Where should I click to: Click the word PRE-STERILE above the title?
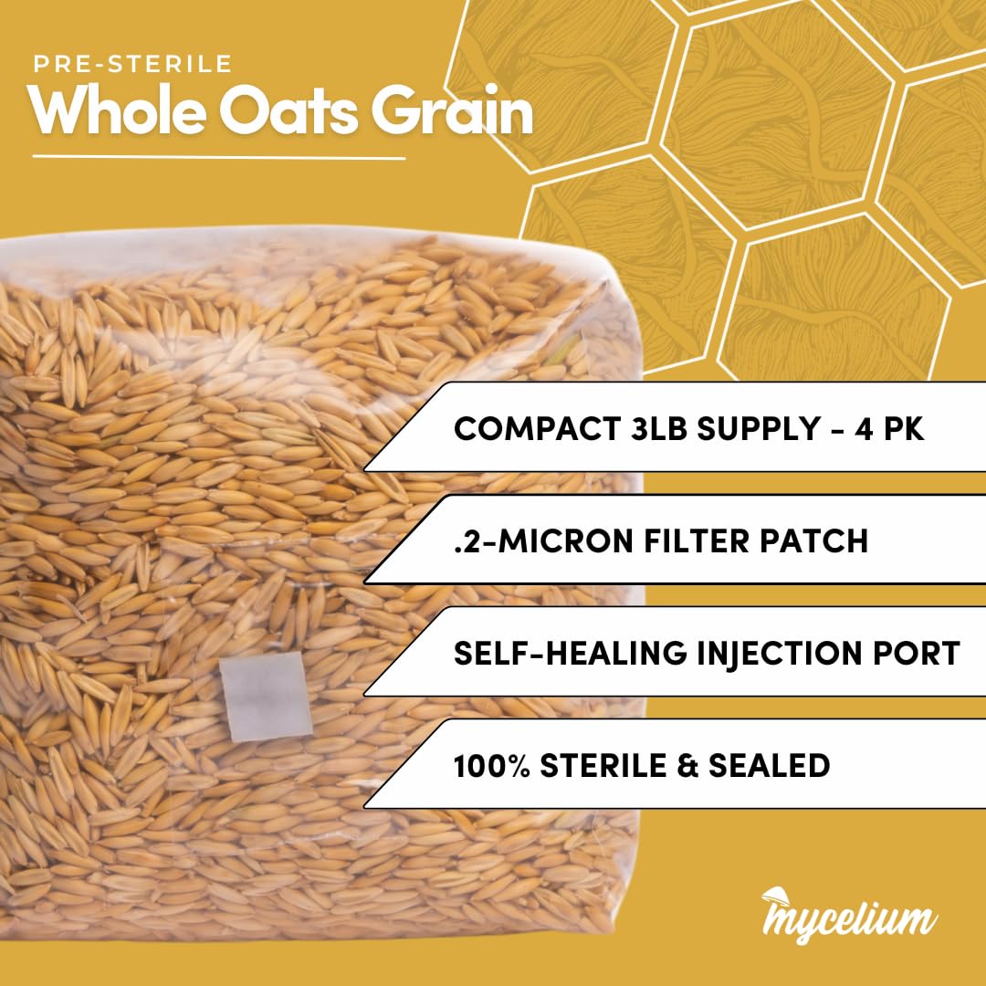click(132, 64)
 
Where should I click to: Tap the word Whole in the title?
click(117, 110)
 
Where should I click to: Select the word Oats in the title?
click(288, 111)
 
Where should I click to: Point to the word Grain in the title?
click(452, 110)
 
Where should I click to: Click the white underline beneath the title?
click(219, 157)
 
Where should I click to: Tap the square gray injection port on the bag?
click(266, 696)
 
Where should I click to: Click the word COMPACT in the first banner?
click(538, 429)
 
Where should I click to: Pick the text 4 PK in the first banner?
click(889, 429)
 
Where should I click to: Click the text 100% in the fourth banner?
click(492, 765)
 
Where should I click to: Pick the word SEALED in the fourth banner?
click(769, 765)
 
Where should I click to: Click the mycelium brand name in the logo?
click(850, 921)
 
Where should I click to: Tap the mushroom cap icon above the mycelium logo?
click(775, 894)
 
